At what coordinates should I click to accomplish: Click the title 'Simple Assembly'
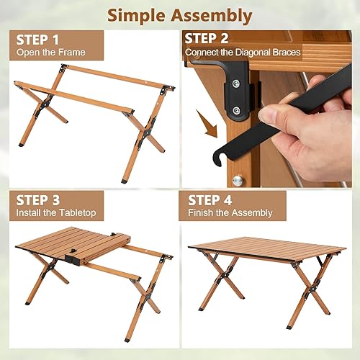click(x=180, y=15)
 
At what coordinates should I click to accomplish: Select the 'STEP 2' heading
click(x=208, y=38)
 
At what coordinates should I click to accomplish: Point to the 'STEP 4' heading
click(x=210, y=199)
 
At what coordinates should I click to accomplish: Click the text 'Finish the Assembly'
click(x=230, y=213)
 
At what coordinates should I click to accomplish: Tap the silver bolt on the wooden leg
click(x=238, y=180)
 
